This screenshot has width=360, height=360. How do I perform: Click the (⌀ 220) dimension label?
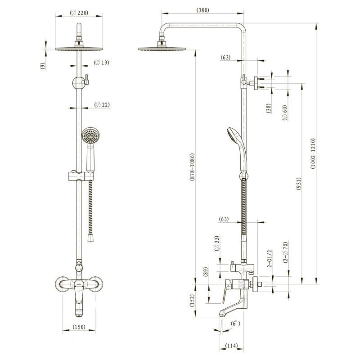(79, 13)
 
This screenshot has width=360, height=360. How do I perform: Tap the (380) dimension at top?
(203, 10)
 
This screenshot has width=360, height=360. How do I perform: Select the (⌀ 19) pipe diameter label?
(102, 63)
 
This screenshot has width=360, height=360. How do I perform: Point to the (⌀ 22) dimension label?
(102, 105)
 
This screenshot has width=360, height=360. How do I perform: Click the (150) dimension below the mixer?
(79, 327)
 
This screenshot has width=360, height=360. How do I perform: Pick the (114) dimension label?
(231, 346)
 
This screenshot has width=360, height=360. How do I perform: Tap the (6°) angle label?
(235, 324)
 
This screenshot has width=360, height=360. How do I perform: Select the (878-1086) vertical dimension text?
(192, 167)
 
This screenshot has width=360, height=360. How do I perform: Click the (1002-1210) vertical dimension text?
(313, 153)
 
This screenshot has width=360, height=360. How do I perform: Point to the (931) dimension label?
(298, 184)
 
